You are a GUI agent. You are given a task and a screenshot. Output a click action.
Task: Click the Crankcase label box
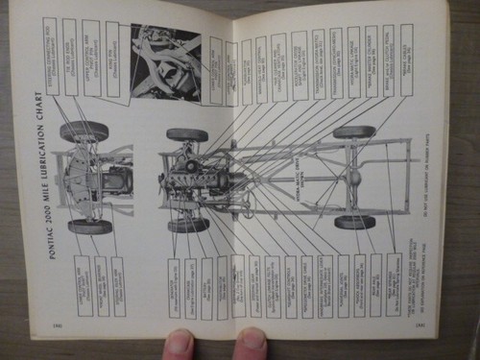[206, 286]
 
